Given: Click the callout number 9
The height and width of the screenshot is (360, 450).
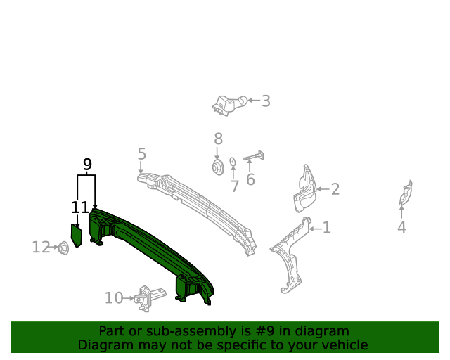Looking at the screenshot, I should coord(87,165).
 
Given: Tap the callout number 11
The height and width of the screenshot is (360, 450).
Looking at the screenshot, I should coord(80,207).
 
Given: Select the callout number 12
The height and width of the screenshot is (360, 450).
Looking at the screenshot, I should coord(41,247).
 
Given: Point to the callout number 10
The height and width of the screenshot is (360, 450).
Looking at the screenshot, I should coord(114,298).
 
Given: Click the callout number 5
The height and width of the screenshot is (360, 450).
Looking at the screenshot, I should coord(141,153).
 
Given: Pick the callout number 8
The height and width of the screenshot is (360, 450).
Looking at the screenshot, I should coord(218,139).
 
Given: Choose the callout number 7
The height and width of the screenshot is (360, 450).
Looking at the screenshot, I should coord(235,186).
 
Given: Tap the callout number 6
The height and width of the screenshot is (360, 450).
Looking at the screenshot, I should coord(250,179).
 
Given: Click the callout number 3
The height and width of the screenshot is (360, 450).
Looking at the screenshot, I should coord(265,101).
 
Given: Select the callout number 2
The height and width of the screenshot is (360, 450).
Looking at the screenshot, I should coord(335,188).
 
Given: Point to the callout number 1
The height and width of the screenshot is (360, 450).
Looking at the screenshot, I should coord(326,228).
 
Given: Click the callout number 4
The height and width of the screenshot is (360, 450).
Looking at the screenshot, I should coord(401,227).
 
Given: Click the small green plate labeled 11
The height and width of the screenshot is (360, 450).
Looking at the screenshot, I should coord(77,235).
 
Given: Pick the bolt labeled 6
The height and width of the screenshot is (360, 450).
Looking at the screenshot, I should coord(253,157).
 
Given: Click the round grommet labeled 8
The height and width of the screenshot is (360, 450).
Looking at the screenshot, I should coord(217,167).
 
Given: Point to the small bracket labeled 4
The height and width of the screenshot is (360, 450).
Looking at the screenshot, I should coord(406,193).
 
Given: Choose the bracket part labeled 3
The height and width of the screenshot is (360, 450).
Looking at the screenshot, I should coord(227,104).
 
